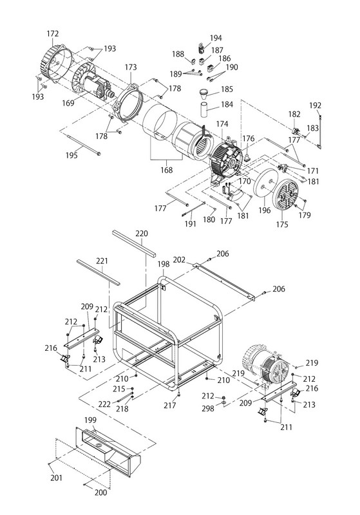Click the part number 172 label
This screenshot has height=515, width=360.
coord(53,33)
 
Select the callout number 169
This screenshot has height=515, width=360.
coord(68,103)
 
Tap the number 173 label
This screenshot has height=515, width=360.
coord(131,67)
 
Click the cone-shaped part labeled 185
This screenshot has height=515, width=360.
coord(205,93)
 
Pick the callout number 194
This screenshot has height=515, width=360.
coord(216,38)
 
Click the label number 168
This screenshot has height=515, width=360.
coord(167,170)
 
